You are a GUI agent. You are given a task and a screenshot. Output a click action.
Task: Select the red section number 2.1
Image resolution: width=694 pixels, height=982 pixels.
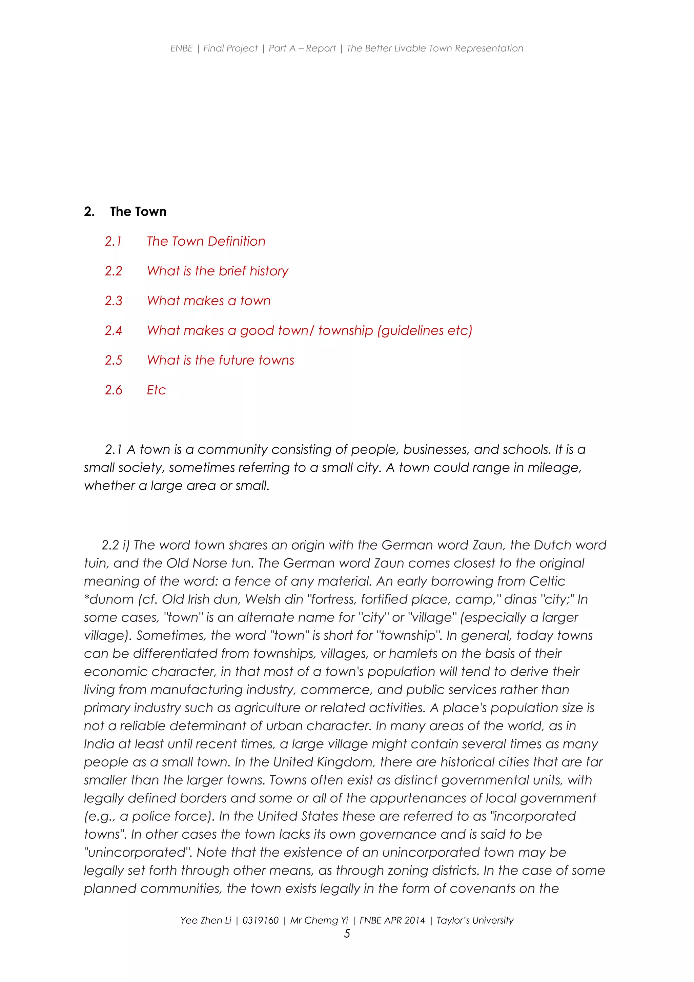(x=113, y=242)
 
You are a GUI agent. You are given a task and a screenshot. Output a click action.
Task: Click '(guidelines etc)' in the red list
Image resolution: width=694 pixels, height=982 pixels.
(x=425, y=331)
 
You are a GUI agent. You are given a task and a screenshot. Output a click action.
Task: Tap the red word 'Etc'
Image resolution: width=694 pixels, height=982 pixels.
(x=156, y=390)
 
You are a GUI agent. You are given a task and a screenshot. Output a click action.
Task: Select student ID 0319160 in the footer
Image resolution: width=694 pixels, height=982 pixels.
(x=260, y=920)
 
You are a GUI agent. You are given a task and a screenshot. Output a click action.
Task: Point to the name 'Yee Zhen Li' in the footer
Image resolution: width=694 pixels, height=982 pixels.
(x=206, y=920)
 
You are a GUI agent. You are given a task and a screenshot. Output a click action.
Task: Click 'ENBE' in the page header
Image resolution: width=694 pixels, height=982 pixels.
(x=181, y=48)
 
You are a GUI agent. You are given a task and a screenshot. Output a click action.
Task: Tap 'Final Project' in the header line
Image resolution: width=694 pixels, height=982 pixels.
(x=230, y=48)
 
